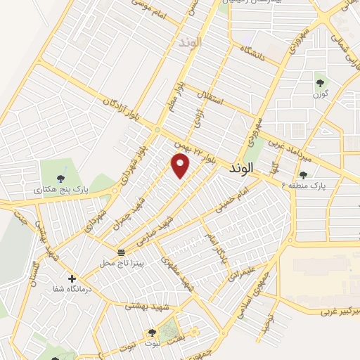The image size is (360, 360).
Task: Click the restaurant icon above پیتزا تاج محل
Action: coord(121,252)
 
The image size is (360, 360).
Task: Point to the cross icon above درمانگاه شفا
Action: coord(72,278)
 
